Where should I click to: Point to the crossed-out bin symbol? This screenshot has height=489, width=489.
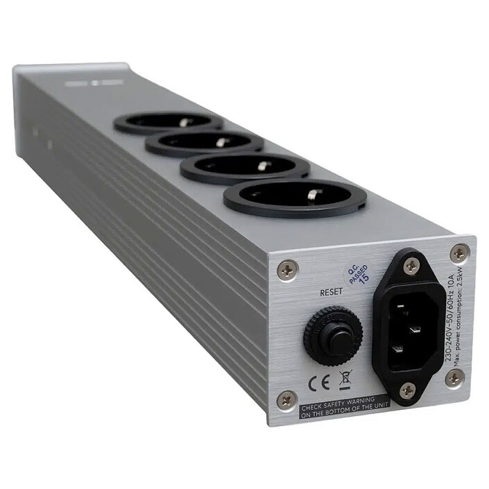pyautogui.click(x=344, y=379)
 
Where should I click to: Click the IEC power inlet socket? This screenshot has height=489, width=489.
pyautogui.click(x=409, y=319)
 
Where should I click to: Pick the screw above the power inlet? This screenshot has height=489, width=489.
pyautogui.click(x=410, y=263)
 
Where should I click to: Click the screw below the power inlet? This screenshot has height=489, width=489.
pyautogui.click(x=408, y=391)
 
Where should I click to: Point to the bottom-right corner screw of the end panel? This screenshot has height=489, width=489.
pyautogui.click(x=454, y=378)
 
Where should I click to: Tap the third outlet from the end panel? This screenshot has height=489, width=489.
pyautogui.click(x=201, y=143)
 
